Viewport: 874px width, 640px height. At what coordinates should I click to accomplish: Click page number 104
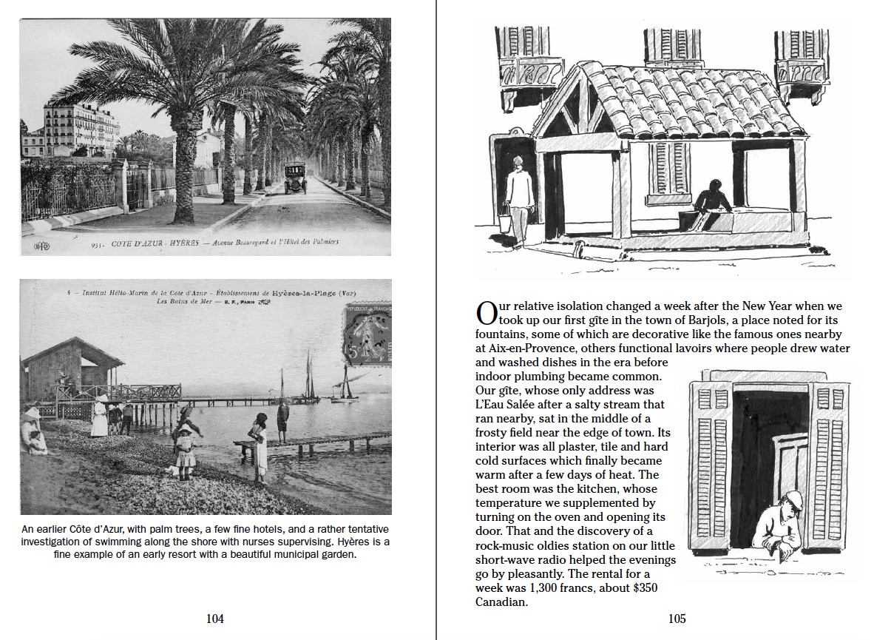coord(214,619)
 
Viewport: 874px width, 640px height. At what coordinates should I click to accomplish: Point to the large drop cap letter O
coord(486,312)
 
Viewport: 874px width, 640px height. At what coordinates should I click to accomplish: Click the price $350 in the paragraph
coord(640,587)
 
